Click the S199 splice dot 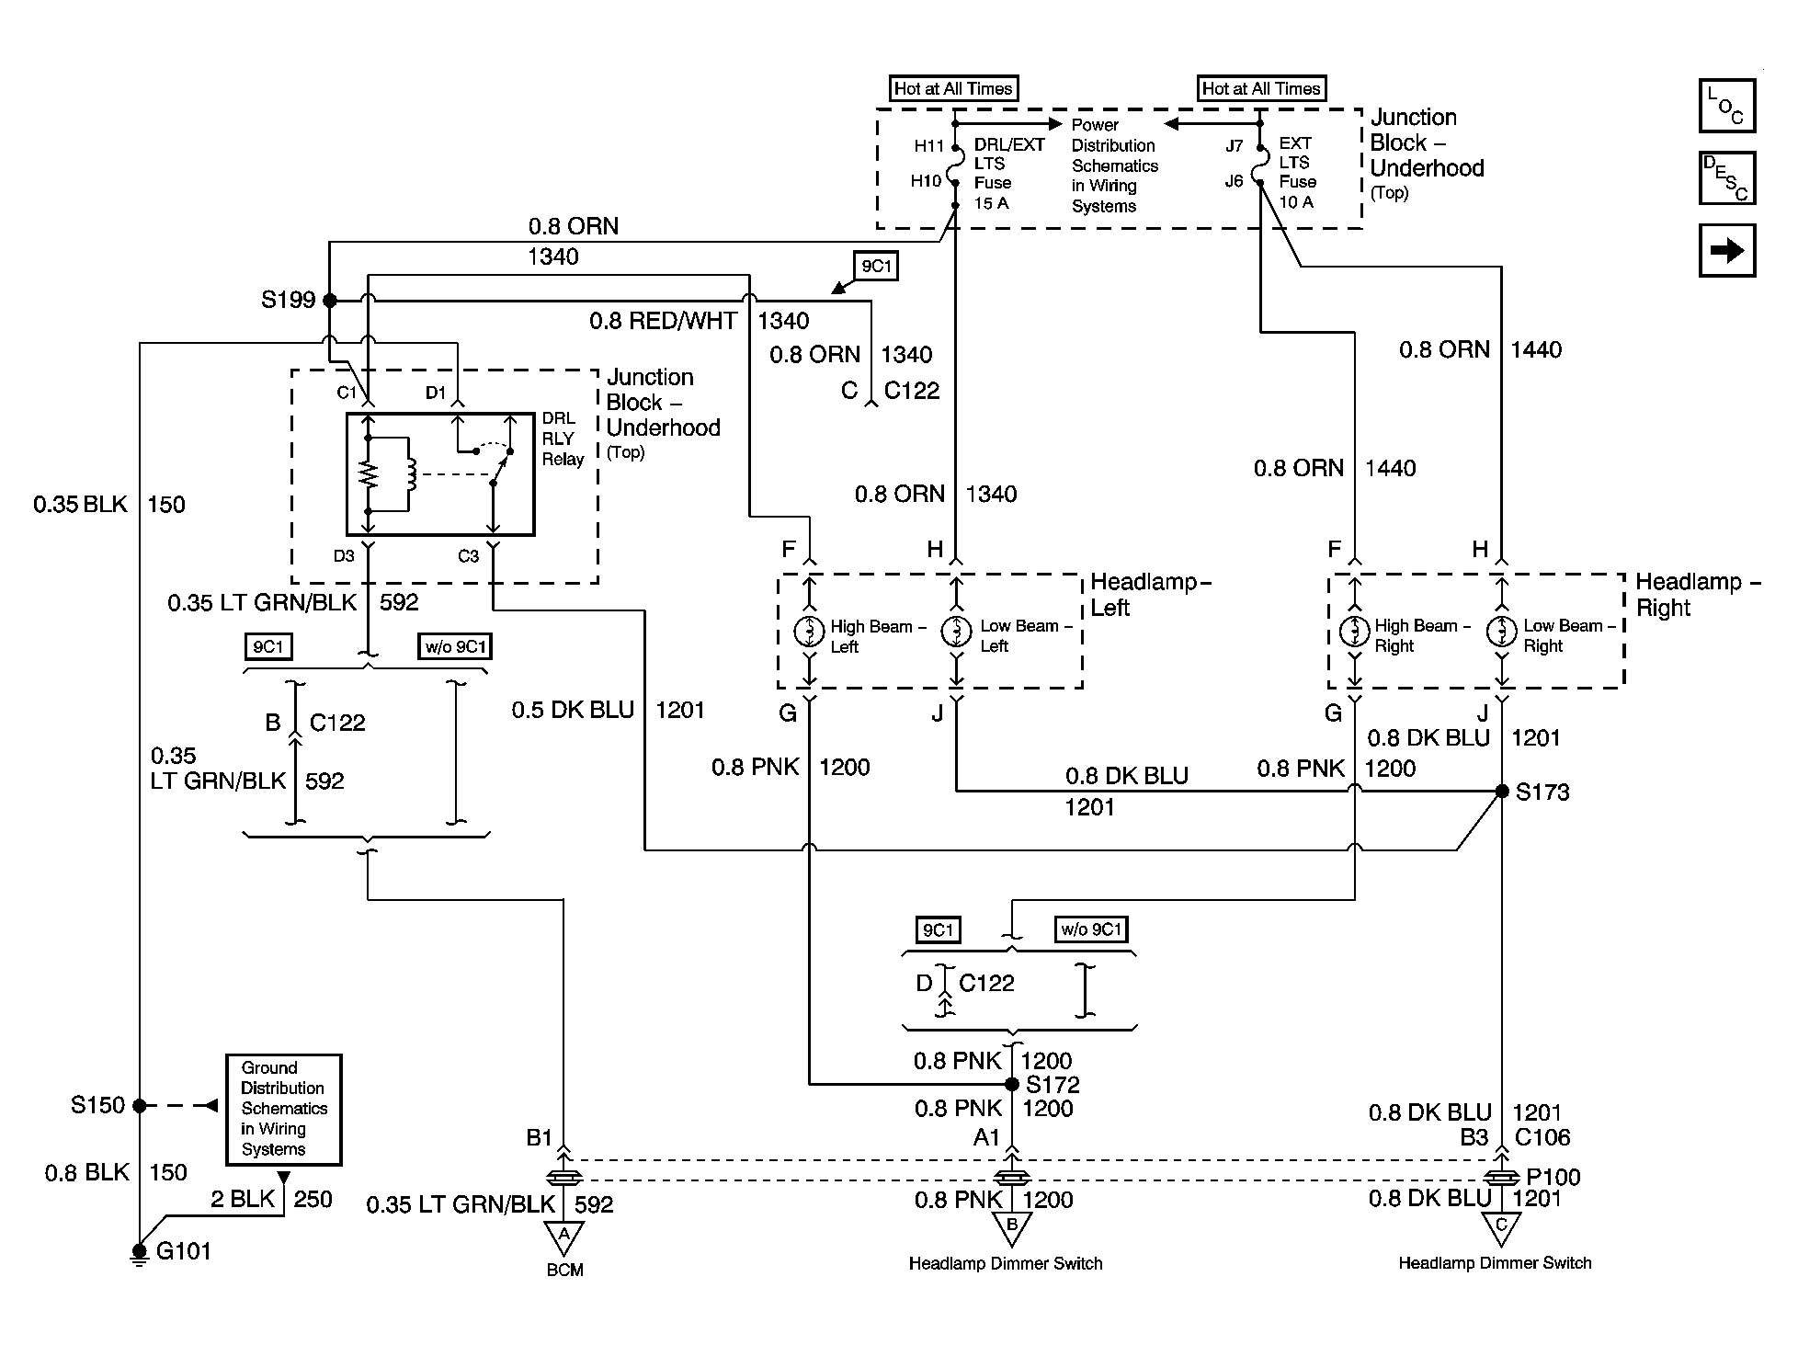330,300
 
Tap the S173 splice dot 1502,791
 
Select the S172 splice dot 1012,1084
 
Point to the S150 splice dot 140,1105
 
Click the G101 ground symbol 140,1254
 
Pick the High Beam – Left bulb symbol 810,632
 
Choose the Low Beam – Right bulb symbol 1502,632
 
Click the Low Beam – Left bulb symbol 957,632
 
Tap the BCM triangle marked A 563,1237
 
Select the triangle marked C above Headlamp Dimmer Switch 1501,1228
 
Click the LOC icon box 1727,106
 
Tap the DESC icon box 1727,177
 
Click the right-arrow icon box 1727,250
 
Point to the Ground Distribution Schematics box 284,1110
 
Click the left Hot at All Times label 953,88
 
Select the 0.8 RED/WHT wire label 663,321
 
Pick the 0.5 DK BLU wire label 573,710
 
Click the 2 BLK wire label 243,1199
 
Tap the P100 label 1553,1177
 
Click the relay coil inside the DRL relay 410,474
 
